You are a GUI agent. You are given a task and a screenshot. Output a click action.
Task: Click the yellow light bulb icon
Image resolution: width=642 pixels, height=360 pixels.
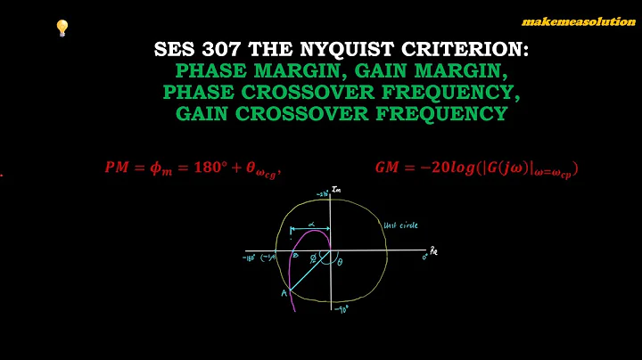[x=62, y=29]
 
